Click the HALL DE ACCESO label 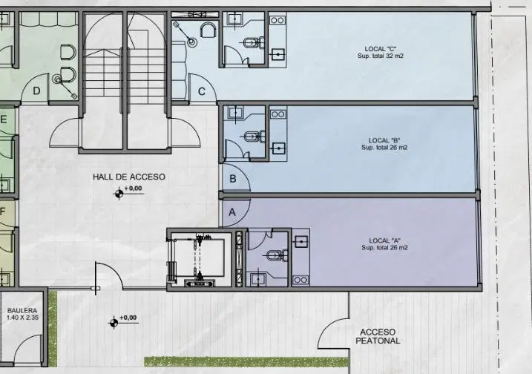point(129,177)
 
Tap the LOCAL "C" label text point(381,49)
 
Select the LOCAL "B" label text point(384,140)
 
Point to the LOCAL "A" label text point(384,240)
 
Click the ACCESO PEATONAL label point(378,336)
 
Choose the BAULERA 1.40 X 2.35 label point(22,314)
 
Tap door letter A point(232,212)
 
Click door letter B point(233,179)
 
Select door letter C point(202,91)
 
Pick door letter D point(36,91)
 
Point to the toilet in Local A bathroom point(278,255)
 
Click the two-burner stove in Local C point(278,20)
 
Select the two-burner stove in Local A point(301,280)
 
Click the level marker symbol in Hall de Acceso point(119,194)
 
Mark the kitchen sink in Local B point(278,148)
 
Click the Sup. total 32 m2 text point(381,56)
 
